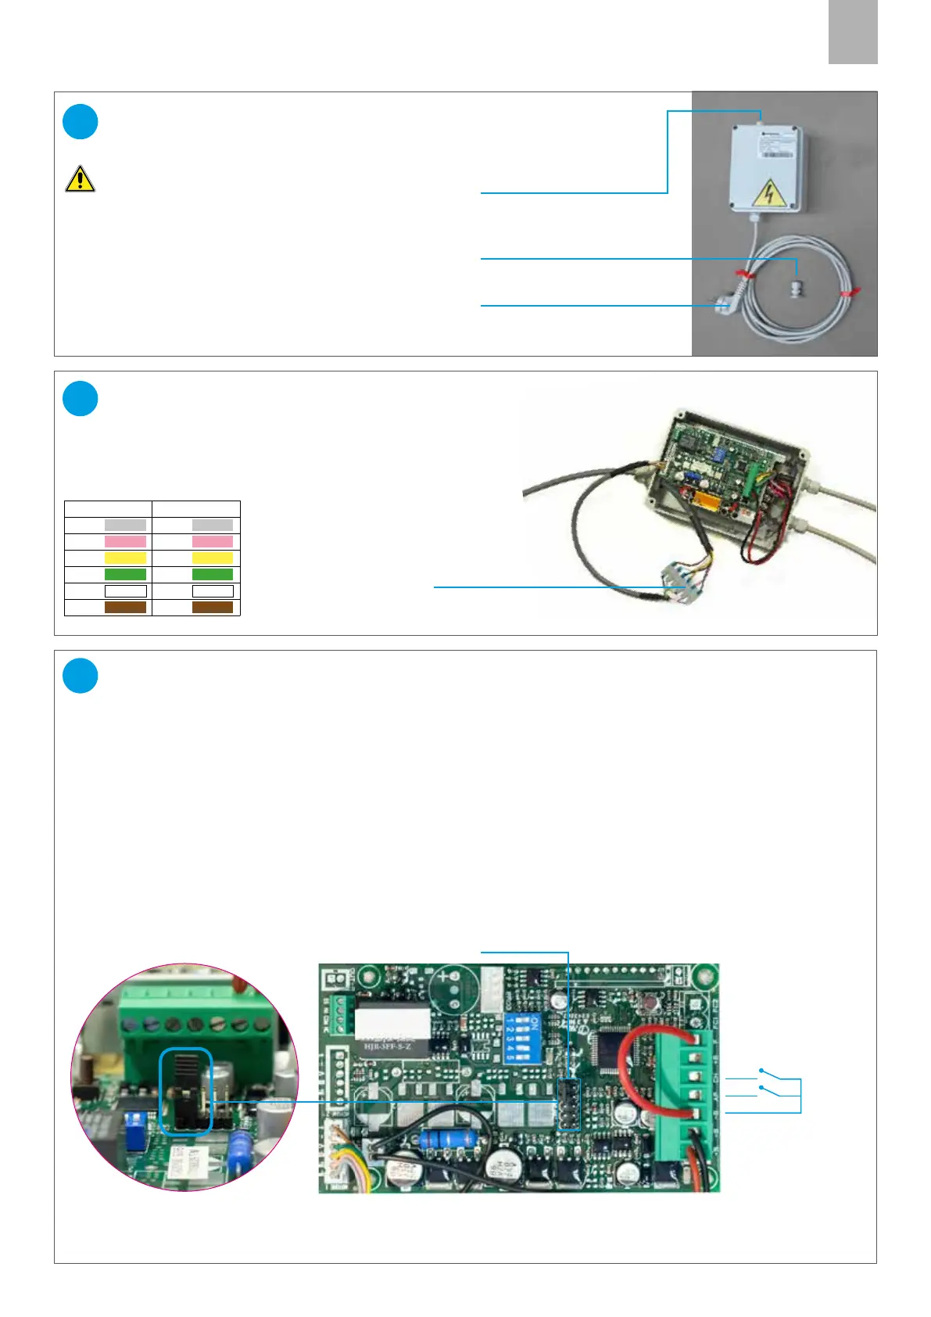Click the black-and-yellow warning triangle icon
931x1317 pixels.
tap(80, 179)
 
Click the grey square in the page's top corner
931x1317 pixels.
tap(853, 32)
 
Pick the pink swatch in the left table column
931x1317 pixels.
tap(125, 541)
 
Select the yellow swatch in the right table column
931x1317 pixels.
tap(213, 558)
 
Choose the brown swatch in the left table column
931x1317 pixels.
tap(125, 607)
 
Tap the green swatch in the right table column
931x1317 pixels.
tap(213, 574)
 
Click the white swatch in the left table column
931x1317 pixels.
tap(125, 591)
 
